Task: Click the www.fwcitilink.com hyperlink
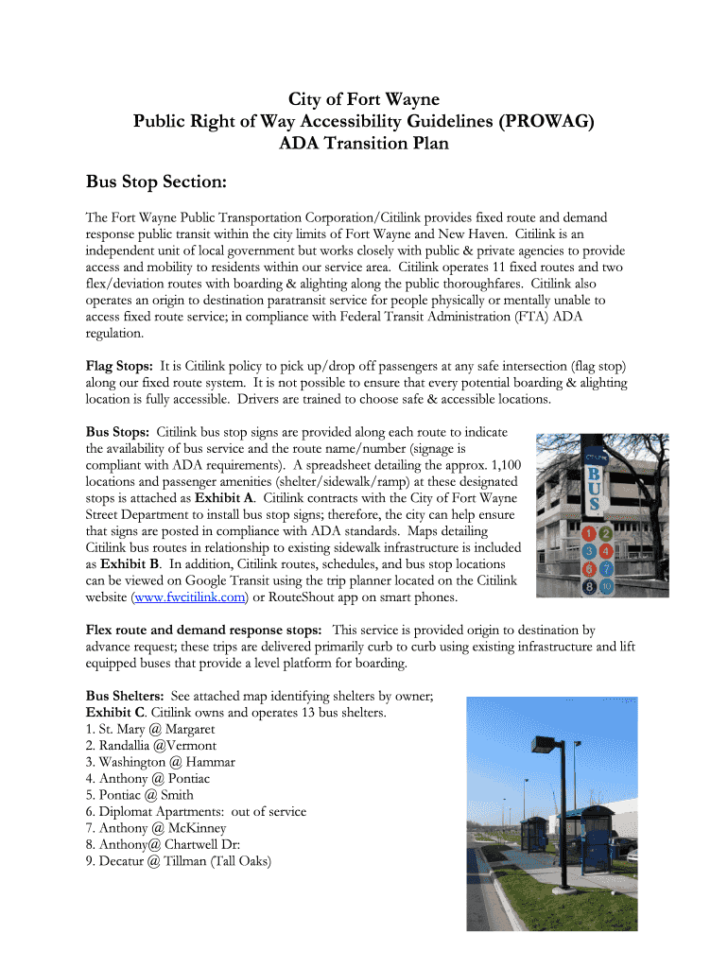193,597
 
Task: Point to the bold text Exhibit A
224,497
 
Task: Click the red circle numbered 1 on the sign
590,533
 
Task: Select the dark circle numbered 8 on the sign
590,586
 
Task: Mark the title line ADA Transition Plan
364,145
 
